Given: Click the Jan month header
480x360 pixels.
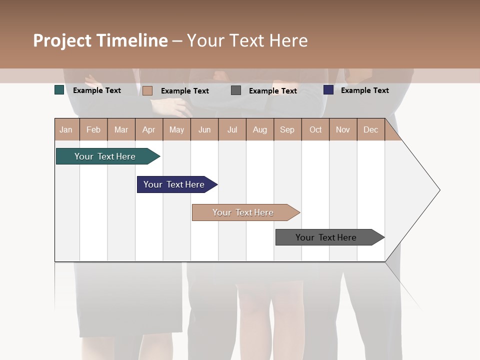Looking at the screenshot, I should (66, 129).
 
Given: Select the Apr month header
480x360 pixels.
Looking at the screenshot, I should (149, 129).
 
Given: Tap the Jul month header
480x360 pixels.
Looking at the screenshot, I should (232, 129).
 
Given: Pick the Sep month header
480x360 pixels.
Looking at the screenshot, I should (287, 129).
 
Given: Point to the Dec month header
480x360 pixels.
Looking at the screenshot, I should (370, 129).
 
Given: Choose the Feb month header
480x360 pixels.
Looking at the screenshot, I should (93, 129).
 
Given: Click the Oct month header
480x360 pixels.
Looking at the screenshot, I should (315, 129).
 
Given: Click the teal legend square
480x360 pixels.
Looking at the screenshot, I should (59, 90).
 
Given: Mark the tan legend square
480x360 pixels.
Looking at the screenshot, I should (147, 90).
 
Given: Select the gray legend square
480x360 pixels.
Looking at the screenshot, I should (236, 90).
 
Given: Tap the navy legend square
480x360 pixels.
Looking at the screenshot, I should (328, 90).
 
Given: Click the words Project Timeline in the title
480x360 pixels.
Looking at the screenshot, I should (100, 40).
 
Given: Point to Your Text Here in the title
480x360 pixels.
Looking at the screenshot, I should (247, 40).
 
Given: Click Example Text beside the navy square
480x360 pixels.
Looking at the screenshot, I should (364, 90).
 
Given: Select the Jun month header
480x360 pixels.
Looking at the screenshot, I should (204, 129).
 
